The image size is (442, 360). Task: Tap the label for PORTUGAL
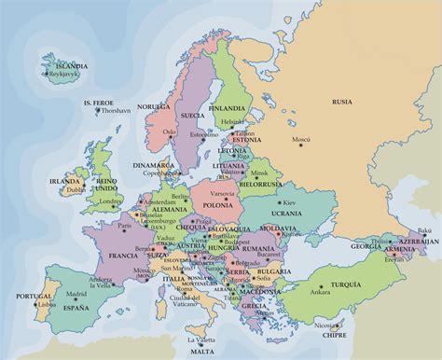[20, 298]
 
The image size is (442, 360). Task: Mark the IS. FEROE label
[101, 102]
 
